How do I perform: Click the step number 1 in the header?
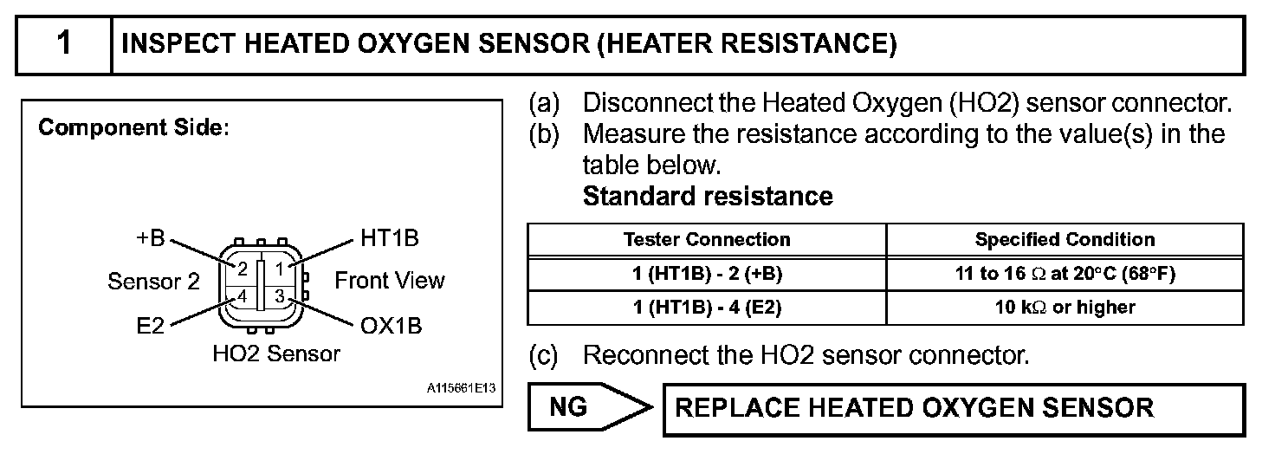(x=63, y=43)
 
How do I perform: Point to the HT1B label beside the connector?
(x=389, y=238)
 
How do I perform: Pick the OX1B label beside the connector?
(x=390, y=327)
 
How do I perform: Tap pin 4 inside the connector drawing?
(x=243, y=296)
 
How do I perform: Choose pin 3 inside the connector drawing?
(x=280, y=296)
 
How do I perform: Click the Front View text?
(x=389, y=281)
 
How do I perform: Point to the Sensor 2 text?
(x=153, y=282)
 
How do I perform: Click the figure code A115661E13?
(x=461, y=388)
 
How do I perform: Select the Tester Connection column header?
(x=707, y=239)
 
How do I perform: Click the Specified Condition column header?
(x=1065, y=239)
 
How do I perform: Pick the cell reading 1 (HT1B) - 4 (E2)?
(x=707, y=307)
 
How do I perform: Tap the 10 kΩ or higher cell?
(x=1065, y=307)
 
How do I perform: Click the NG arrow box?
(x=589, y=407)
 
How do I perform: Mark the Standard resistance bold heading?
(x=708, y=197)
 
